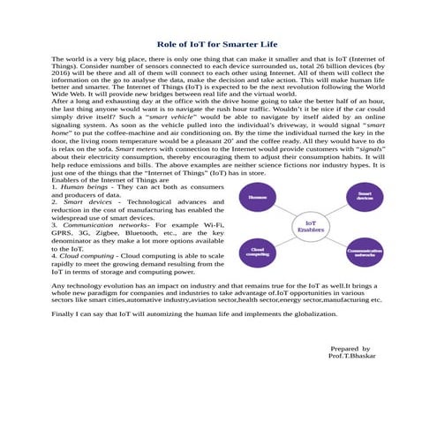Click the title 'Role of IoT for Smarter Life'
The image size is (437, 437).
point(218,43)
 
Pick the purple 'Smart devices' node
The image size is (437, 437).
point(365,196)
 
